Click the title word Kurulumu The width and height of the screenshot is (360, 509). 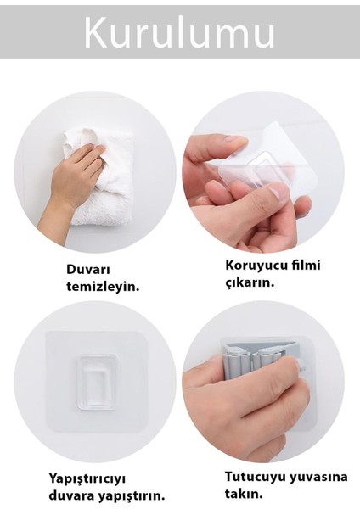coord(179,32)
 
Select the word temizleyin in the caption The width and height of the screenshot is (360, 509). coord(103,287)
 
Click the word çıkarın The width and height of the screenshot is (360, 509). coord(250,282)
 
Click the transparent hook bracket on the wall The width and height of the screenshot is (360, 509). coord(96,382)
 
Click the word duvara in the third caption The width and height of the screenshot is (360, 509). coord(76,495)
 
